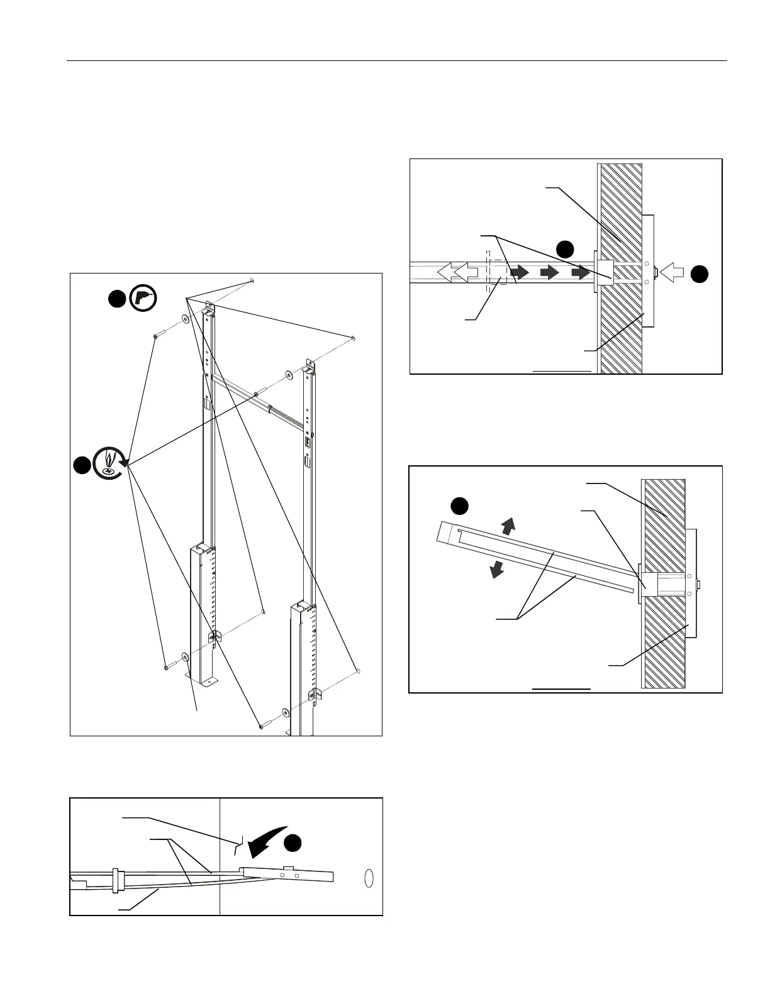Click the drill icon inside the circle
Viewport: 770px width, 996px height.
[143, 299]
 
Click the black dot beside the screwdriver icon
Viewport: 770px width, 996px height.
[81, 465]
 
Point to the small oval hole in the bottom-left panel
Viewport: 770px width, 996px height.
[369, 878]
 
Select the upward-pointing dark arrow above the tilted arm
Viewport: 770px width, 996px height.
[508, 525]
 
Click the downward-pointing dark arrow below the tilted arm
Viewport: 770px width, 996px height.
[497, 569]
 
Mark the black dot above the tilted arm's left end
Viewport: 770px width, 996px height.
[460, 506]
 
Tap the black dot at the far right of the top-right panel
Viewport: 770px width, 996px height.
[700, 273]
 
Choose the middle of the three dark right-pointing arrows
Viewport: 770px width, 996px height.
[549, 272]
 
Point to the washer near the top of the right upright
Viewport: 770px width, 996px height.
[288, 375]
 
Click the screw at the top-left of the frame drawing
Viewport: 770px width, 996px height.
[156, 338]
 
